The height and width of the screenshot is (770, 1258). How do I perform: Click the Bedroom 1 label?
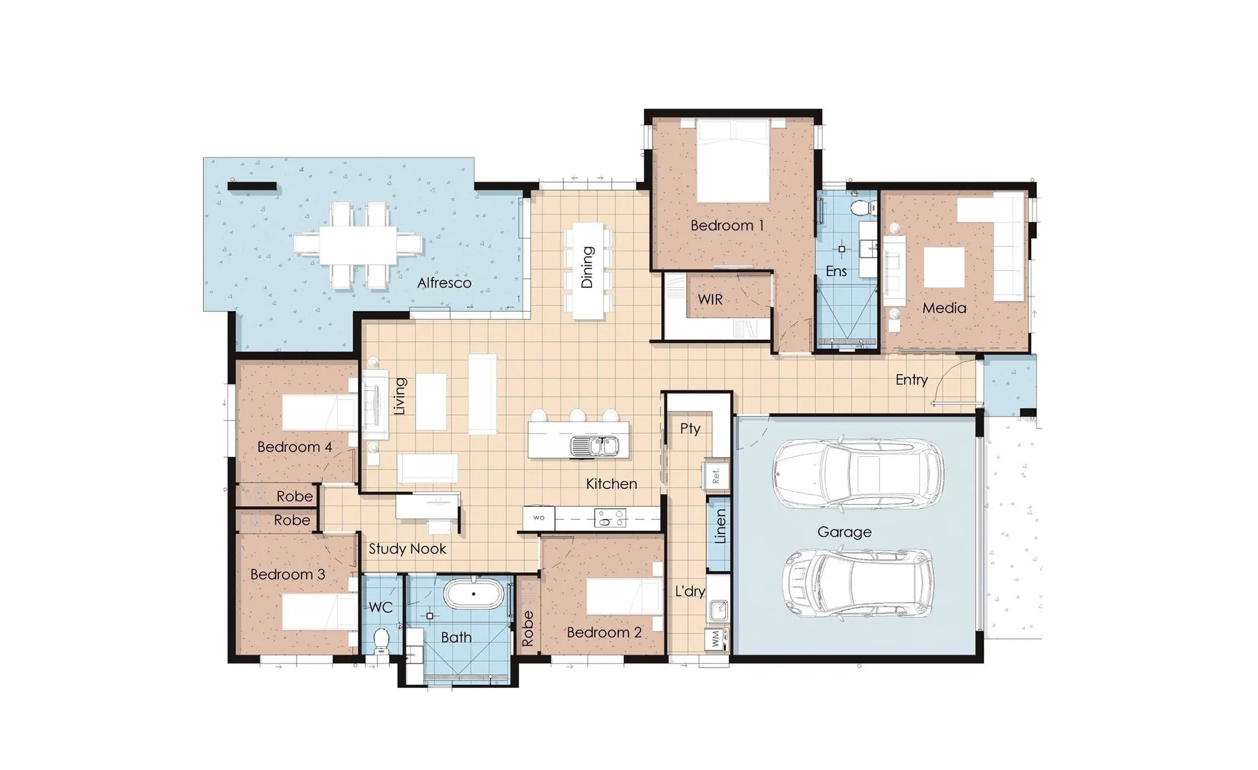(727, 225)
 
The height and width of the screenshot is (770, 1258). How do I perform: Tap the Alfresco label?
(444, 283)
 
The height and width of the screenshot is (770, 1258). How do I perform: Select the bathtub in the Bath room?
(474, 594)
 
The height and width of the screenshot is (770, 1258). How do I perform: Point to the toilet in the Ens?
(864, 207)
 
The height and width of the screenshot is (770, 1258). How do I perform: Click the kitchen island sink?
(594, 447)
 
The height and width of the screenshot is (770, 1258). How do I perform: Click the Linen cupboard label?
(720, 526)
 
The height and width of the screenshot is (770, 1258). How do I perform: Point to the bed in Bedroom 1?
(732, 161)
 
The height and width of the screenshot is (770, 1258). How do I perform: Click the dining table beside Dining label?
(588, 271)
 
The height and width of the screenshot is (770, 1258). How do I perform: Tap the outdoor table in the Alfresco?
(359, 245)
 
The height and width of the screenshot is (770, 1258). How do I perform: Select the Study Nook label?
(407, 549)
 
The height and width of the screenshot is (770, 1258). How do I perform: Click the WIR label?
(710, 299)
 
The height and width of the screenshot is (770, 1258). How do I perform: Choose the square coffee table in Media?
(944, 267)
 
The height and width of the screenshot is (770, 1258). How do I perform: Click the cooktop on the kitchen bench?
(610, 518)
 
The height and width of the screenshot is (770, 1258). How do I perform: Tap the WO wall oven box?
(538, 518)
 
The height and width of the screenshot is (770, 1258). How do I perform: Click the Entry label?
(911, 380)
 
